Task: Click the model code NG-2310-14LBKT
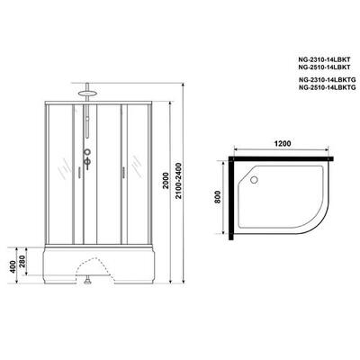(x=325, y=59)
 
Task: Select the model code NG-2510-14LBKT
(x=325, y=67)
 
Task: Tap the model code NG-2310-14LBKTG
(x=328, y=80)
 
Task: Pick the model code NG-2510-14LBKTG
(x=328, y=87)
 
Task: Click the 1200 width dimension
(x=283, y=143)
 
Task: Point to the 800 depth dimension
(x=218, y=197)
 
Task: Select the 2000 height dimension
(x=164, y=180)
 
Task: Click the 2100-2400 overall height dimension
(x=179, y=181)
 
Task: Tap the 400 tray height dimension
(x=12, y=266)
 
